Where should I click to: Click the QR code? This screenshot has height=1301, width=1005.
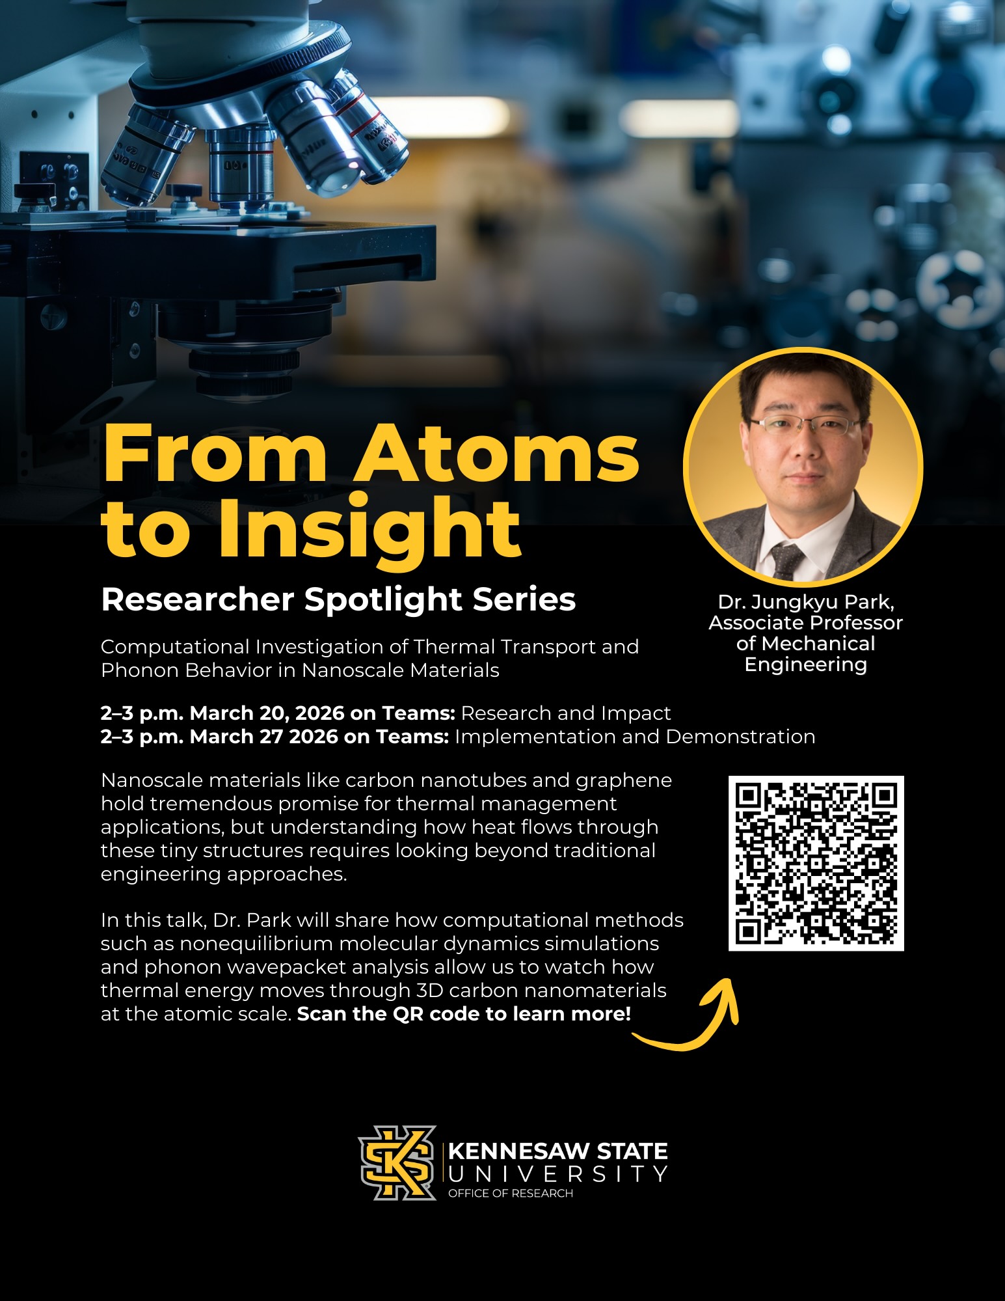[816, 863]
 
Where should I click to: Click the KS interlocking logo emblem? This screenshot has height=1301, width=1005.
[397, 1163]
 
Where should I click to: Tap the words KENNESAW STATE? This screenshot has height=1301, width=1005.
[557, 1151]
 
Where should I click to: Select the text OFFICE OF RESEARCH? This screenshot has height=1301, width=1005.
[511, 1193]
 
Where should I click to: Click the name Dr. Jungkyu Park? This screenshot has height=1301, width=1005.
[805, 602]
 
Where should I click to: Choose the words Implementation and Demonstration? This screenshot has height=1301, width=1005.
[634, 737]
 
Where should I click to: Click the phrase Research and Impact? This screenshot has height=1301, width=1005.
[565, 713]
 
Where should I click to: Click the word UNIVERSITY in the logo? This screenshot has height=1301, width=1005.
[557, 1174]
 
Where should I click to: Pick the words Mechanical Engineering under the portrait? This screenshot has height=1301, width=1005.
[805, 654]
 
